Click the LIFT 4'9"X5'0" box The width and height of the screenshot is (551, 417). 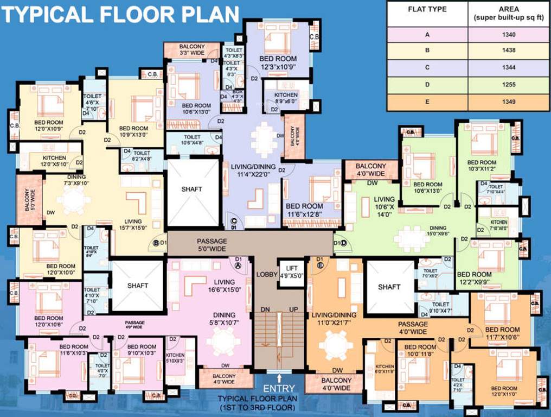[291, 271]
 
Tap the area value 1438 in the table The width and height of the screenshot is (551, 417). [508, 50]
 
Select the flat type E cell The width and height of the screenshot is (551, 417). [427, 102]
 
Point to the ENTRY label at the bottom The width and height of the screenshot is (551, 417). [279, 388]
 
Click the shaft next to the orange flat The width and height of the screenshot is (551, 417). [389, 287]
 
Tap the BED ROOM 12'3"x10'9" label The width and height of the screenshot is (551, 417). [278, 62]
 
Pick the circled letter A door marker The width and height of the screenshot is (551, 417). [238, 266]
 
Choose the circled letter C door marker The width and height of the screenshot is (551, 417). [234, 220]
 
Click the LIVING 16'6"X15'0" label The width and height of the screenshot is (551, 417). [224, 286]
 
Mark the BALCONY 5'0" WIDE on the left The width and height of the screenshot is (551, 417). [28, 199]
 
